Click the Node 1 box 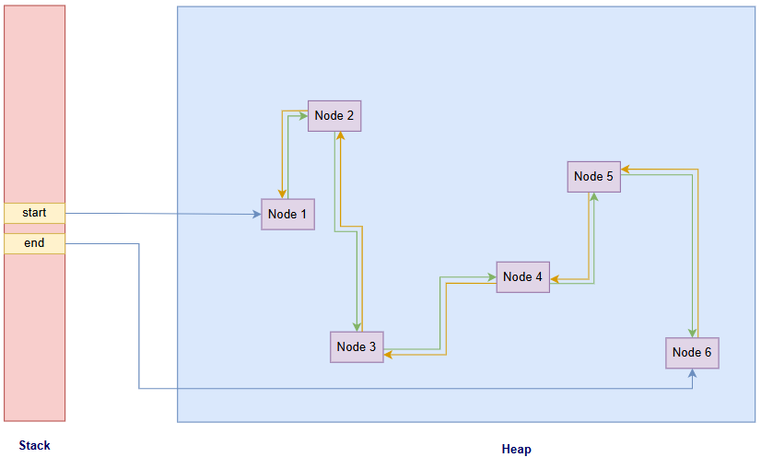287,214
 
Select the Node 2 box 334,116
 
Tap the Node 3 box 357,346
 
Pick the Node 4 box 522,276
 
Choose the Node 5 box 593,176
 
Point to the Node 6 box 692,353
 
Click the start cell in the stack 34,213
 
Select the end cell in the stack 34,243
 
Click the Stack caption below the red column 34,446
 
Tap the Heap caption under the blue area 516,450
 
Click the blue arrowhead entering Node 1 257,215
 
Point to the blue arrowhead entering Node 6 692,372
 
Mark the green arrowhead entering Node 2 303,116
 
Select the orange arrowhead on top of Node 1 281,194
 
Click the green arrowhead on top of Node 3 357,327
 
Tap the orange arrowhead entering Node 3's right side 388,354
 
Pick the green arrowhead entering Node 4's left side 492,276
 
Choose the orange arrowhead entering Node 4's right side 555,278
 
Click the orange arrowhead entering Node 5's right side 626,170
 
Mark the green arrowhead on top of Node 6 692,334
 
